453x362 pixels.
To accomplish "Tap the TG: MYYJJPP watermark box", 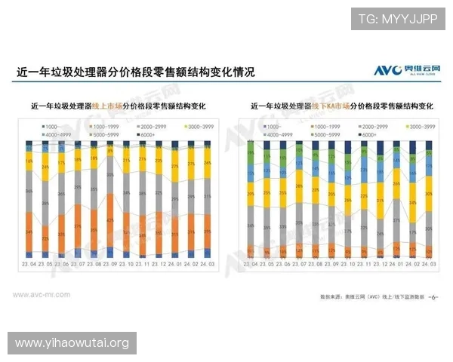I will (398, 19).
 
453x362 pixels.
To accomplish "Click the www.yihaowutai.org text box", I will (72, 343).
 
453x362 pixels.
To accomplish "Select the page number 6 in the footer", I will (433, 296).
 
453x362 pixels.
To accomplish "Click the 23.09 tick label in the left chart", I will (109, 265).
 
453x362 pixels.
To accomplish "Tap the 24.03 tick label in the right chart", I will (430, 265).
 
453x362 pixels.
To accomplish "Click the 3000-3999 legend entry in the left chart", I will (193, 126).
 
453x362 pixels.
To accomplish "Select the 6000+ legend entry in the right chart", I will (359, 134).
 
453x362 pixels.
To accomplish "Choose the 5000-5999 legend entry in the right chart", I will (313, 134).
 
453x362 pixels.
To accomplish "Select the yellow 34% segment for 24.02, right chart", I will (413, 202).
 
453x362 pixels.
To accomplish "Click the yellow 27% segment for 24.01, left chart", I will (175, 167).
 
